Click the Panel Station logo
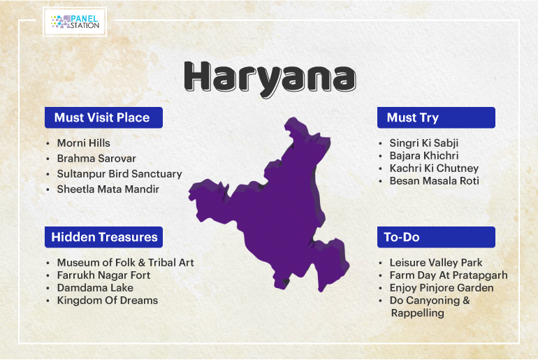click(75, 22)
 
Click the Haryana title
click(270, 78)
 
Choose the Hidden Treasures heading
click(103, 237)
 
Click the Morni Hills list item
click(83, 143)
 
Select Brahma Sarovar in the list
click(96, 158)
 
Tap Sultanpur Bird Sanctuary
click(119, 174)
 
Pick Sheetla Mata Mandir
click(108, 189)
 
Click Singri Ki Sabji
click(423, 143)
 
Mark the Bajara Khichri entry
click(423, 156)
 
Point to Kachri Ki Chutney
click(434, 168)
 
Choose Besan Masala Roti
click(434, 181)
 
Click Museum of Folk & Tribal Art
click(125, 263)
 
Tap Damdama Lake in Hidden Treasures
click(95, 287)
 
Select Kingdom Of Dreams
click(108, 301)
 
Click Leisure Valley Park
click(436, 263)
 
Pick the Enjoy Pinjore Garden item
click(442, 288)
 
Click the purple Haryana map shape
click(275, 213)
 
